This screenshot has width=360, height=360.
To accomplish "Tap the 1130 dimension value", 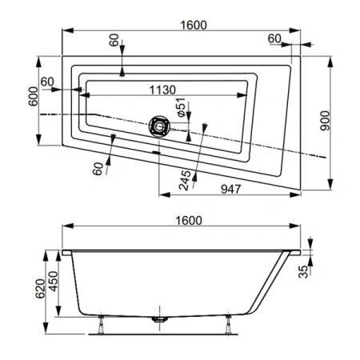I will pos(160,90).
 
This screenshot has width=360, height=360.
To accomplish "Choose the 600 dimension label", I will pos(31,100).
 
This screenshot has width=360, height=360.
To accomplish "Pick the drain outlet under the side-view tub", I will pos(161,318).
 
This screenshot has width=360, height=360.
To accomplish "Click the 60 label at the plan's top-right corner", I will pos(275,38).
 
